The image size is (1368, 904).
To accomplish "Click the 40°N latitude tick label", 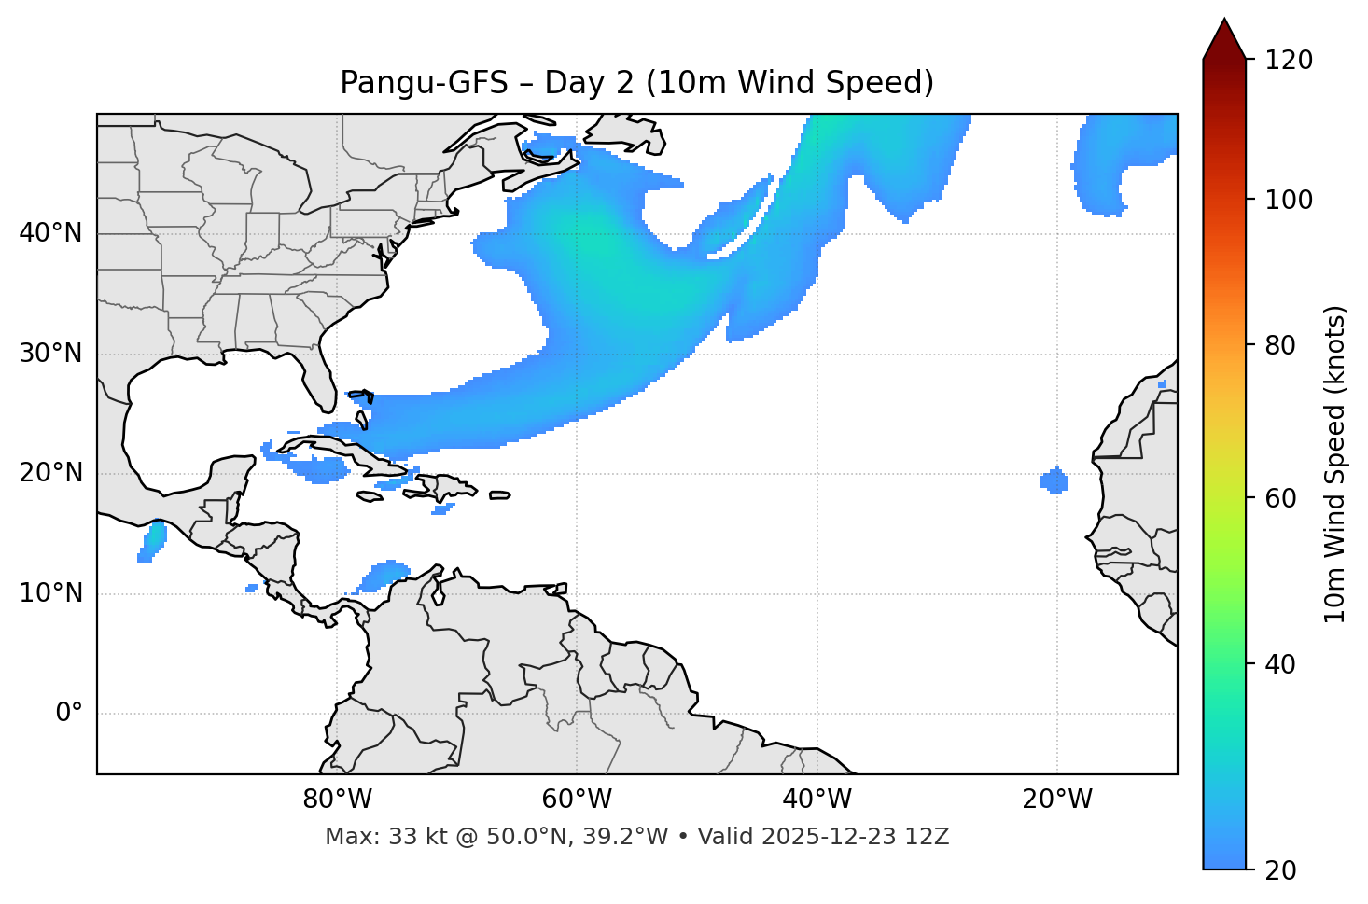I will pyautogui.click(x=50, y=233).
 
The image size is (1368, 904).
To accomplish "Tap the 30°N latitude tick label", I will pyautogui.click(x=50, y=354).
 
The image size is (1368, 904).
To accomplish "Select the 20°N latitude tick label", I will pyautogui.click(x=50, y=473).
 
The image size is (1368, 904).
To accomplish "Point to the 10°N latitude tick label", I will pyautogui.click(x=50, y=593).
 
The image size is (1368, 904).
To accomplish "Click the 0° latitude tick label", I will pyautogui.click(x=69, y=714).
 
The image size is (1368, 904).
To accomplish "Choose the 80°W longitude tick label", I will pyautogui.click(x=337, y=800).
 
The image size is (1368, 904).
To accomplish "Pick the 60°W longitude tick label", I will pyautogui.click(x=577, y=800).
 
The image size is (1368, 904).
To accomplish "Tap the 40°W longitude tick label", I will pyautogui.click(x=817, y=800).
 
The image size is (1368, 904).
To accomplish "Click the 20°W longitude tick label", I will pyautogui.click(x=1056, y=800).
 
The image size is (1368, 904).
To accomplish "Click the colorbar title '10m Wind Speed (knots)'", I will pyautogui.click(x=1335, y=465).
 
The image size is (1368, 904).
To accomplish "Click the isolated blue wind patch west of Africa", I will pyautogui.click(x=1054, y=480).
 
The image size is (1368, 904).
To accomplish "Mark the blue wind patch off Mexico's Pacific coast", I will pyautogui.click(x=151, y=541).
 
